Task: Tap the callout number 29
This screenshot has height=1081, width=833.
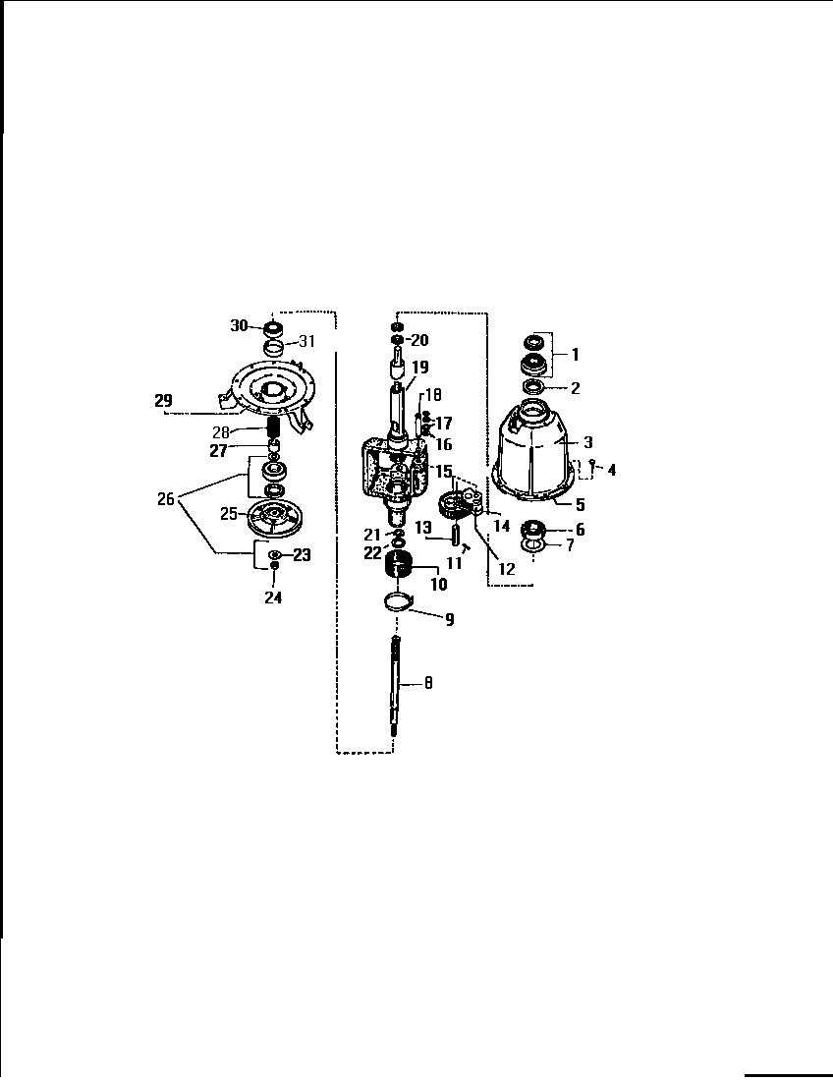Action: tap(163, 400)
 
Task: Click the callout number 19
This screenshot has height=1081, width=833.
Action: tap(419, 368)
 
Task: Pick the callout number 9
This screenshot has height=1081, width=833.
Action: tap(449, 620)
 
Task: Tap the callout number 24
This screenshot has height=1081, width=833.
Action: tap(273, 596)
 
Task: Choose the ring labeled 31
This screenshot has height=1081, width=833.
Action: tap(275, 348)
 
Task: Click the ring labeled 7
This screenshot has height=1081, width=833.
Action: tap(532, 545)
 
